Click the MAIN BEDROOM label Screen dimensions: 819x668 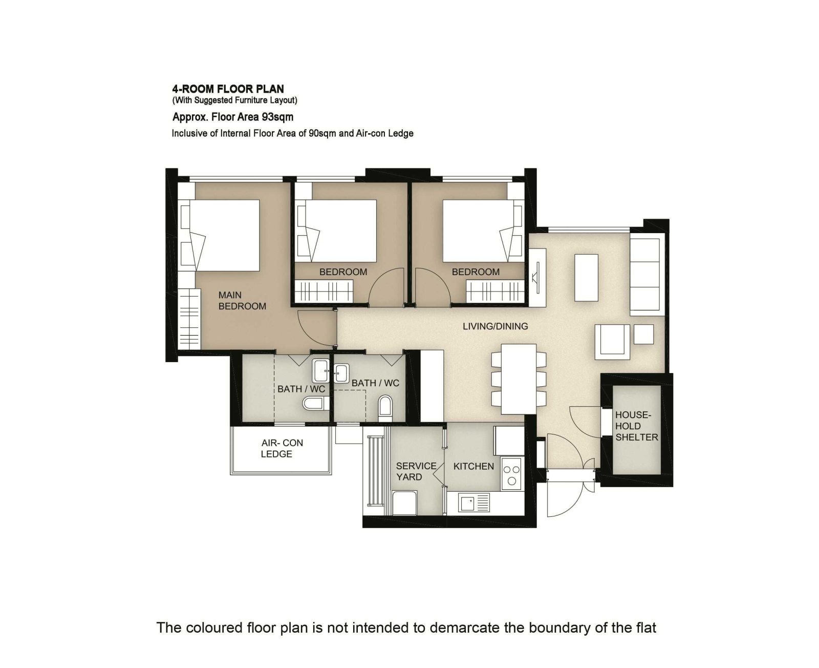pos(242,301)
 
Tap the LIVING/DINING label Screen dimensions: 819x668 pos(495,326)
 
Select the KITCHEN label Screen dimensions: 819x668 pos(473,466)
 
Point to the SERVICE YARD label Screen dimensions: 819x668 pos(416,471)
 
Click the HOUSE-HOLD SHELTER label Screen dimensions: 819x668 pos(636,426)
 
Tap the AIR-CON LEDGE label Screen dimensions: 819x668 pos(282,448)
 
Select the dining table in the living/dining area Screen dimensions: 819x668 pos(519,379)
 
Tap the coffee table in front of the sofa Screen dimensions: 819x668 pos(586,278)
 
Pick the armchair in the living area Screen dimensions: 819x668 pos(612,342)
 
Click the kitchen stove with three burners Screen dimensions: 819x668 pos(511,474)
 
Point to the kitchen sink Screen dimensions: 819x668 pos(474,502)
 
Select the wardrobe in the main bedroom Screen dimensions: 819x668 pos(190,319)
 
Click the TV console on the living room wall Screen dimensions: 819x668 pos(537,277)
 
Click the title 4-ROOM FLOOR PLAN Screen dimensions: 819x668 pos(228,89)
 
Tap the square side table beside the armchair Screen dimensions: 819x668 pos(643,334)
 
